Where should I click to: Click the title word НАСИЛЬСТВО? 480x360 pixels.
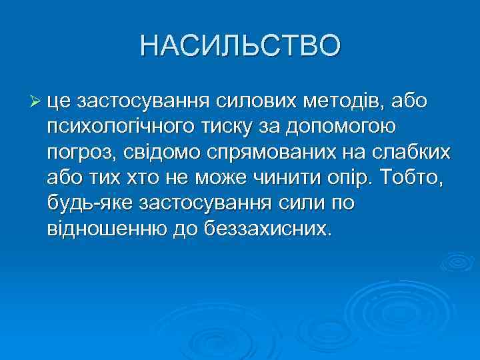pos(240,46)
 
